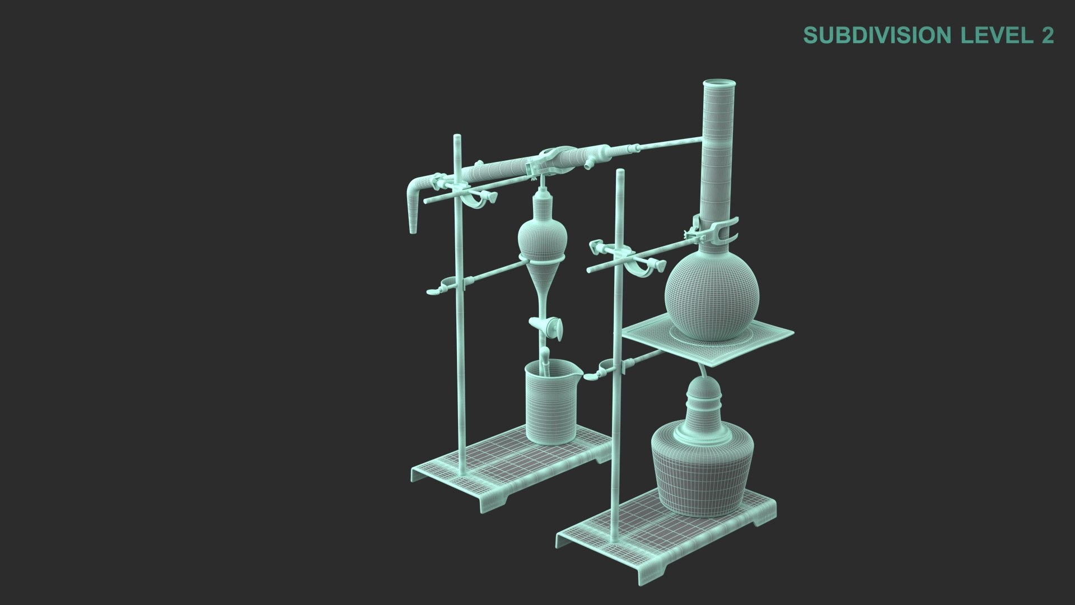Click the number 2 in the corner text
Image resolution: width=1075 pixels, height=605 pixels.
pos(1047,35)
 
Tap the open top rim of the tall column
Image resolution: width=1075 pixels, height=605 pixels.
pos(718,85)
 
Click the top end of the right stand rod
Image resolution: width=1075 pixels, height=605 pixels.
pos(620,172)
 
